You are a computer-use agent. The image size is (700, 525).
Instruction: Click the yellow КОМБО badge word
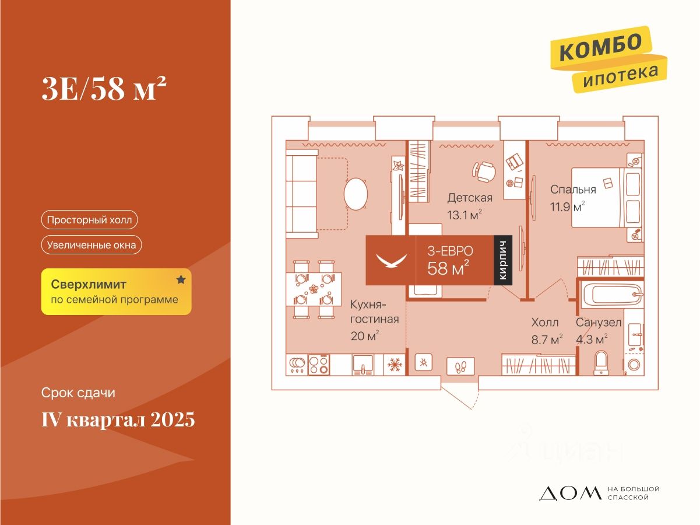(601, 47)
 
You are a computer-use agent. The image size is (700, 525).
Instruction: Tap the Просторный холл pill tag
(90, 220)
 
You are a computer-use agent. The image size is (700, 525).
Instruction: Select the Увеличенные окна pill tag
(92, 245)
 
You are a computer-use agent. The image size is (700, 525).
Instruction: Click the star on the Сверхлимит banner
(181, 280)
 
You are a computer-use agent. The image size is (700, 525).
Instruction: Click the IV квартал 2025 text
(118, 419)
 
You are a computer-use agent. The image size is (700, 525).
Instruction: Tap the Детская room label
(470, 198)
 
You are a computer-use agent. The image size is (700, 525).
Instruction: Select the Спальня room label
(573, 190)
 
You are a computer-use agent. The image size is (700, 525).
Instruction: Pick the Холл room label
(545, 323)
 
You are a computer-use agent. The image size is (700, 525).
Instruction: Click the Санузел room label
(599, 323)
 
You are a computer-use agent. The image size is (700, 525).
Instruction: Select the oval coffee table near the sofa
(356, 193)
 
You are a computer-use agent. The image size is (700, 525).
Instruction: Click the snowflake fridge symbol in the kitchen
(395, 365)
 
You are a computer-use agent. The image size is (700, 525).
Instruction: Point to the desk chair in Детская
(483, 171)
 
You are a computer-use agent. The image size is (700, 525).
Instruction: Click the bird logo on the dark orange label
(390, 259)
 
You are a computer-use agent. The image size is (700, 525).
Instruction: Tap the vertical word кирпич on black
(503, 260)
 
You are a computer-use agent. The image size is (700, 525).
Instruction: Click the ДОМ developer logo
(569, 494)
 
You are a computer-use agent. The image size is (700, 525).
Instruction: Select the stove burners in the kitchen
(318, 365)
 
